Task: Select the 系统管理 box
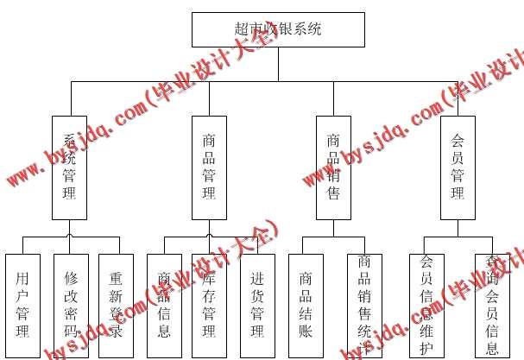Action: click(69, 167)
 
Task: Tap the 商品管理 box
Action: click(209, 167)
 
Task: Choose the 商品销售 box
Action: click(333, 167)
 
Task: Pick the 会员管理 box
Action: click(458, 167)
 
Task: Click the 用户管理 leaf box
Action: click(22, 306)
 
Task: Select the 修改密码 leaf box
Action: click(71, 306)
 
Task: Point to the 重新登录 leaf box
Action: click(116, 306)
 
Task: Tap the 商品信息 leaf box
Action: click(164, 306)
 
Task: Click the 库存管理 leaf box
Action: click(209, 306)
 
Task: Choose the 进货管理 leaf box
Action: click(257, 306)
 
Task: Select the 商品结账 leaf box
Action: click(306, 306)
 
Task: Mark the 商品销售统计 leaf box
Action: click(364, 306)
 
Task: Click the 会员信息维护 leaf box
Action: click(426, 306)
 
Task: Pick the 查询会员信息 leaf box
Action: click(492, 306)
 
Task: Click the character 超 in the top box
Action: click(243, 29)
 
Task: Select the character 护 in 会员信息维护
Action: click(426, 348)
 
